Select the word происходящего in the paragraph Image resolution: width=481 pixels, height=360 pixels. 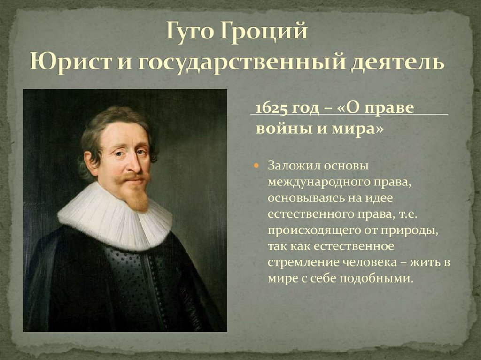point(310,230)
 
